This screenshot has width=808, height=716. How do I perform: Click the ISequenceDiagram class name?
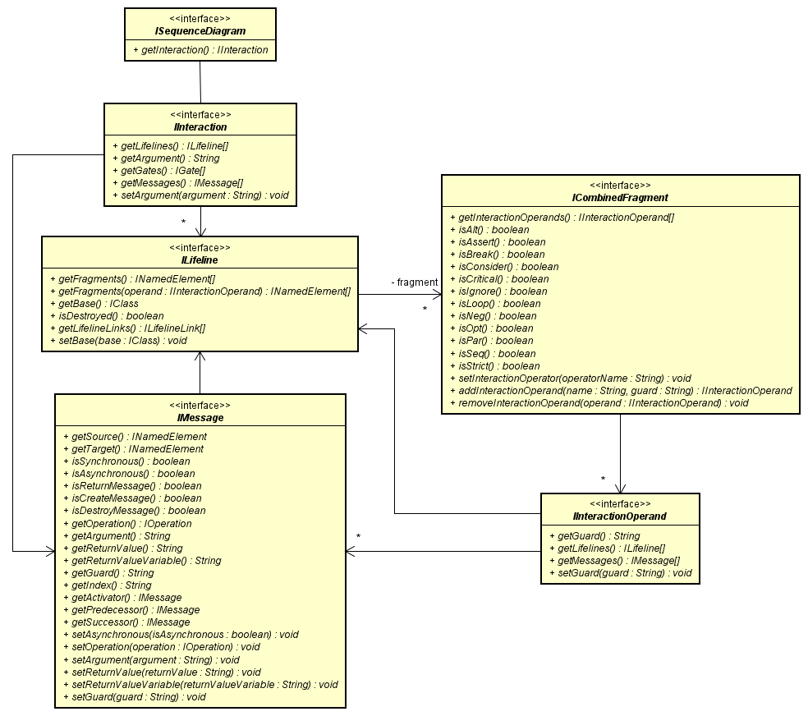point(200,31)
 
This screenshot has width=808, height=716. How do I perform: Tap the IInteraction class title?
point(200,127)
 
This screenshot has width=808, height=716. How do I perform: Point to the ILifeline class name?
point(200,260)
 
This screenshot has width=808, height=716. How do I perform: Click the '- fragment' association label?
point(415,282)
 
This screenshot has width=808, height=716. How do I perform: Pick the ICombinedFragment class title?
point(620,198)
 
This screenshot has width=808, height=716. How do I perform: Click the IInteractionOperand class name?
point(620,516)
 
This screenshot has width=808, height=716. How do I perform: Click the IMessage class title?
point(200,418)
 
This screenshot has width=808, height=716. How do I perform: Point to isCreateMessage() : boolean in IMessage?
point(136,498)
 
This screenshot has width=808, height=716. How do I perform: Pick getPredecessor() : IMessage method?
point(135,610)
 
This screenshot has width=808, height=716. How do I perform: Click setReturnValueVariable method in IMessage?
point(204,684)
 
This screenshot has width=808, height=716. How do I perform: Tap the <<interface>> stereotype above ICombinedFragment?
point(620,186)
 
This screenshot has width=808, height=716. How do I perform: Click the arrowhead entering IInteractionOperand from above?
point(621,488)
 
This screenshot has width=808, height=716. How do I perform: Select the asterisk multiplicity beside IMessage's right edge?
point(358,537)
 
